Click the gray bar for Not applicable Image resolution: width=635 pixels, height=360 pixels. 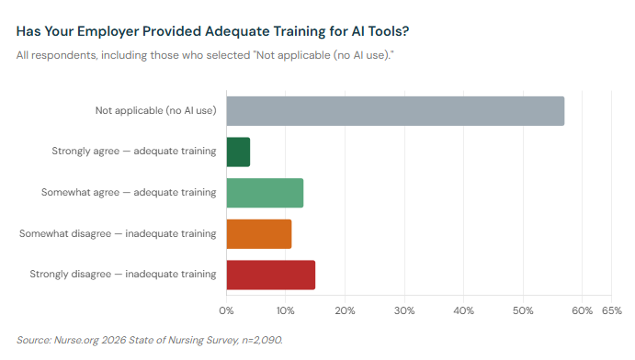tap(395, 110)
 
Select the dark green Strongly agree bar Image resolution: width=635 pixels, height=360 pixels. tap(238, 152)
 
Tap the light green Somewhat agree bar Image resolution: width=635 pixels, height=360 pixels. tap(265, 193)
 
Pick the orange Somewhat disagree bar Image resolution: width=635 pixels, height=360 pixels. tap(258, 233)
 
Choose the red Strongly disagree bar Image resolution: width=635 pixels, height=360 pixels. tap(270, 275)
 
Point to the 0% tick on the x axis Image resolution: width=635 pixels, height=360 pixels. tap(226, 310)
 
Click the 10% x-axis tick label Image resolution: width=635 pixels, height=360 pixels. tap(286, 310)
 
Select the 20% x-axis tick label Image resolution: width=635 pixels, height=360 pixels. tap(345, 310)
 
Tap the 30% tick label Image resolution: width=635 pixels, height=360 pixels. tap(404, 310)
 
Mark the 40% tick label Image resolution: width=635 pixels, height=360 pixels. tap(463, 310)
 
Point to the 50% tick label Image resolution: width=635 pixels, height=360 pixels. tap(523, 310)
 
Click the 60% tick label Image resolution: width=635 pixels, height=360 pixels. tap(582, 310)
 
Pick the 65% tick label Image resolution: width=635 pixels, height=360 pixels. tap(611, 310)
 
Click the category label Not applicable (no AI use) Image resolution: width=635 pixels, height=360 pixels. tap(155, 111)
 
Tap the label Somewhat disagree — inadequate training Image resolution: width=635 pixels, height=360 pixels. tap(118, 233)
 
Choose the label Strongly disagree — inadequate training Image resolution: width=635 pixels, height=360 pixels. tap(123, 275)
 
